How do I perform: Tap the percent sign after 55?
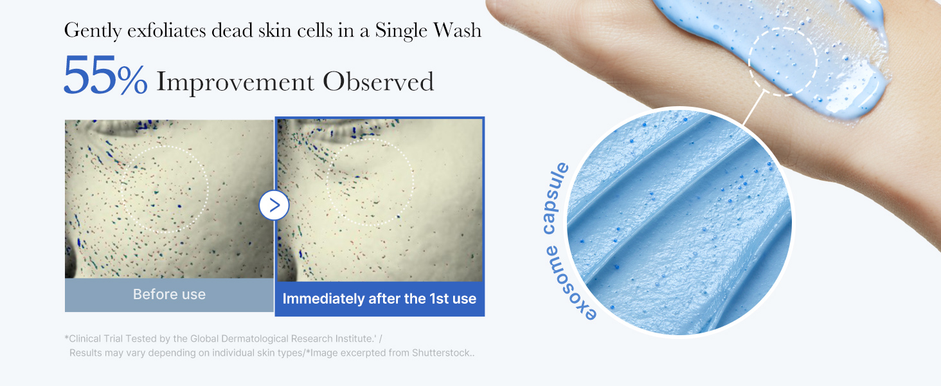[132, 80]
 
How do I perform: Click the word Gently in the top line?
[93, 31]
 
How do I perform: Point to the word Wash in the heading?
[457, 30]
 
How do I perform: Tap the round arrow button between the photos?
[274, 205]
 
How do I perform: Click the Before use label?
[169, 295]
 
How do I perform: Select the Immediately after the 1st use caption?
[379, 299]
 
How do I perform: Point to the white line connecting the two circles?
[753, 107]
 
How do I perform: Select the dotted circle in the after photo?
[327, 183]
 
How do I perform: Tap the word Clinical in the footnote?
[85, 339]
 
